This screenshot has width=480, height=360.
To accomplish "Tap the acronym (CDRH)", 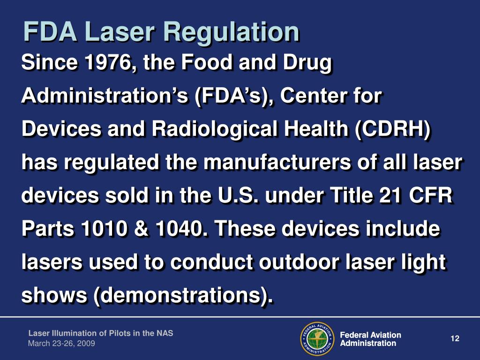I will tap(394, 130).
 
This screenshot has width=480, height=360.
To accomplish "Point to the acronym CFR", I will tap(433, 195).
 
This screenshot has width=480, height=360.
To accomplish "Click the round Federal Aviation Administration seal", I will tap(316, 339).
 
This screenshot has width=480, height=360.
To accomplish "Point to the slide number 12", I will tap(454, 338).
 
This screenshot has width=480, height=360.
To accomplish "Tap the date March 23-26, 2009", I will tap(61, 344).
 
